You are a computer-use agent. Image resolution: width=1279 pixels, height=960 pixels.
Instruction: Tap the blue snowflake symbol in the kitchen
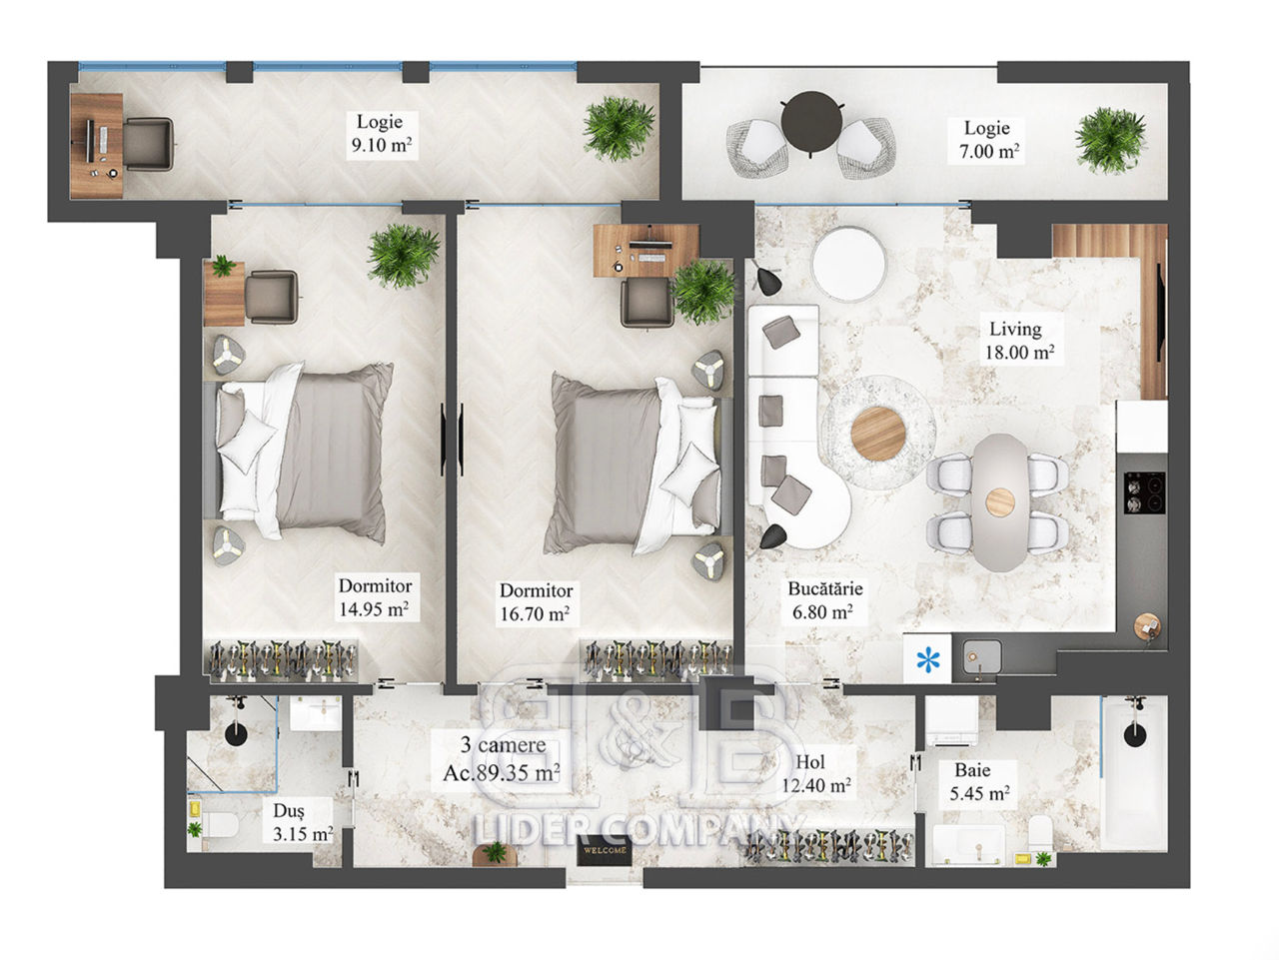click(x=927, y=659)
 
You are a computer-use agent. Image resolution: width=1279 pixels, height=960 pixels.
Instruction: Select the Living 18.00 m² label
click(x=1019, y=341)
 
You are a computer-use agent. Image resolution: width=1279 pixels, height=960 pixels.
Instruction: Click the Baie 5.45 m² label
click(x=979, y=782)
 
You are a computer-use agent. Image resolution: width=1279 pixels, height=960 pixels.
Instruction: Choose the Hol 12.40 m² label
click(x=815, y=773)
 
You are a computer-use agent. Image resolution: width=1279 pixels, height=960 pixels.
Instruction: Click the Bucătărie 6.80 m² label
click(x=824, y=600)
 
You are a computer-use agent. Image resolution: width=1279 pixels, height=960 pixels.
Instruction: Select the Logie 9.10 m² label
click(x=381, y=133)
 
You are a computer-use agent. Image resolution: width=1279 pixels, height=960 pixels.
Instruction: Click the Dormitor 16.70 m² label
click(x=536, y=602)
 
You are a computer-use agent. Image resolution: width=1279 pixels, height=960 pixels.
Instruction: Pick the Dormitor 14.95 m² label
click(x=374, y=597)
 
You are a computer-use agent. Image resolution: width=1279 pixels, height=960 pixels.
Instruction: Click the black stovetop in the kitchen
click(x=1144, y=492)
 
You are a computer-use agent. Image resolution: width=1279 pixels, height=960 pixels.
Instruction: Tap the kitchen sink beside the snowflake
click(x=982, y=659)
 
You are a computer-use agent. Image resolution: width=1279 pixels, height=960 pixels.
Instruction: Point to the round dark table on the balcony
click(x=811, y=121)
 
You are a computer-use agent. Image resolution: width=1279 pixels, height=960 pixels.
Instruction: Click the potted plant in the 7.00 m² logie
click(x=1110, y=140)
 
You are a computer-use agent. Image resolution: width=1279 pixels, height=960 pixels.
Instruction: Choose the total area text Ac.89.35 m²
click(x=502, y=773)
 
